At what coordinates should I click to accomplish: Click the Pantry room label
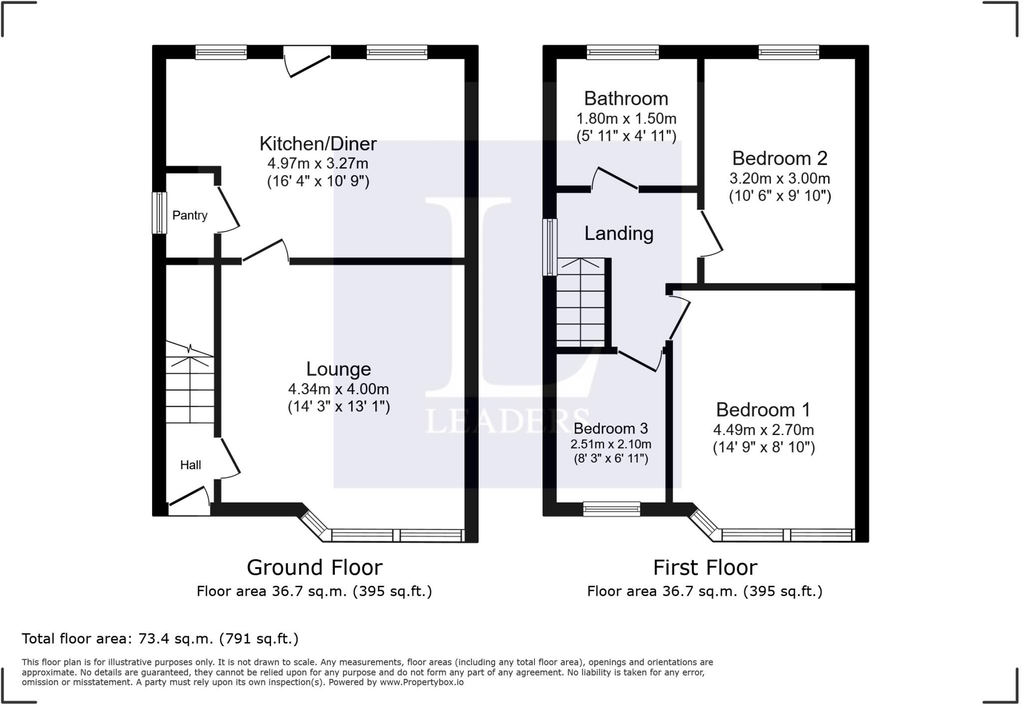[190, 216]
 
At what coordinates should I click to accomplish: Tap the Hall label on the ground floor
[190, 465]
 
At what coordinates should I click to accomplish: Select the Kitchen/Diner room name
[318, 144]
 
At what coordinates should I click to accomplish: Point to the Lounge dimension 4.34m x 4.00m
[338, 389]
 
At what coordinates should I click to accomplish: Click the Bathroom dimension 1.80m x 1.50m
[626, 119]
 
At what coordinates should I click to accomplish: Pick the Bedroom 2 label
[779, 158]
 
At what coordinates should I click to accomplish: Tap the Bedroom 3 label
[610, 428]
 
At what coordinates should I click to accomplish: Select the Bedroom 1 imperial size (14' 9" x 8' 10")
[764, 447]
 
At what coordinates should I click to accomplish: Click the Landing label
[619, 234]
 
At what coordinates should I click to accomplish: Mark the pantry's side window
[159, 213]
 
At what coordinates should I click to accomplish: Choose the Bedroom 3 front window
[612, 509]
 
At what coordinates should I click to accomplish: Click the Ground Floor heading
[314, 568]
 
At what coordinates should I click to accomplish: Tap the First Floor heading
[705, 568]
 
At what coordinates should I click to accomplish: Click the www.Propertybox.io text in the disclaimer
[422, 682]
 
